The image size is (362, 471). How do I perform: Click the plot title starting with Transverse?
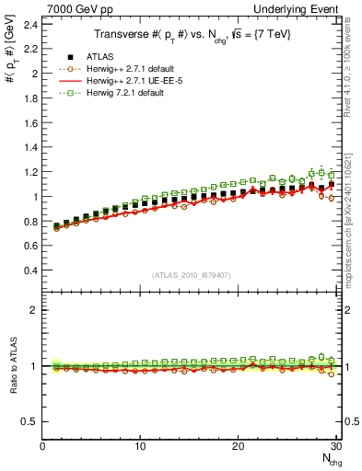pyautogui.click(x=191, y=35)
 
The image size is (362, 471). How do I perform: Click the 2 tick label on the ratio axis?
pyautogui.click(x=35, y=310)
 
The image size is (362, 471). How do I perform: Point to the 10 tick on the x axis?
pyautogui.click(x=140, y=446)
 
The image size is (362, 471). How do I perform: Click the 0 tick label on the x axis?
pyautogui.click(x=42, y=446)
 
